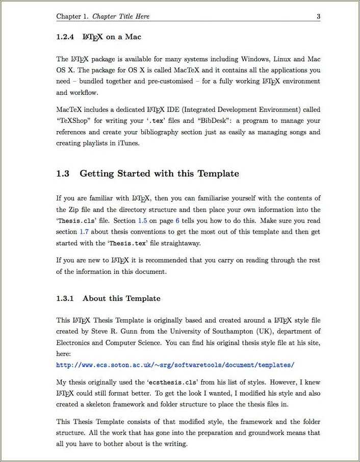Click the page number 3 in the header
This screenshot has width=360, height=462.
coord(318,16)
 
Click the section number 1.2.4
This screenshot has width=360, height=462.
coord(65,37)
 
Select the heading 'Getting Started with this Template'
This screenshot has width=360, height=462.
coord(159,173)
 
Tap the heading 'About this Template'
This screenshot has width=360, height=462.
coord(121,298)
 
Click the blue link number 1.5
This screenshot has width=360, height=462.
coord(143,221)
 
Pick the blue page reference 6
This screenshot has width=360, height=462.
coord(177,221)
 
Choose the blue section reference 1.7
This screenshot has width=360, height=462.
coord(84,232)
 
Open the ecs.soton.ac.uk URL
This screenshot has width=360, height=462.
coord(175,365)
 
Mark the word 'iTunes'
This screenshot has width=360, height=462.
coord(128,143)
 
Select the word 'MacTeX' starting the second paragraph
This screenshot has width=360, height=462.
coord(69,110)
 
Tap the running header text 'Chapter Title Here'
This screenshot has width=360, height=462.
coord(121,16)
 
